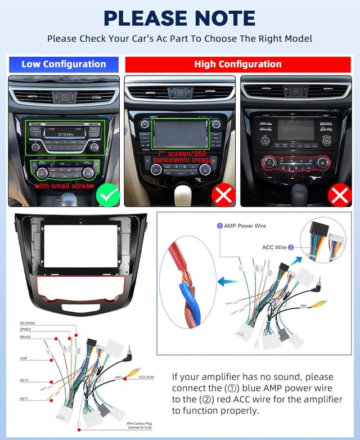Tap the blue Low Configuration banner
click(64, 64)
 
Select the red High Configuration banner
click(238, 64)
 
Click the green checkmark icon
click(107, 195)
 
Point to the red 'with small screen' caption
click(64, 186)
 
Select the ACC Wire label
click(274, 247)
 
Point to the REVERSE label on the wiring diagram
click(28, 323)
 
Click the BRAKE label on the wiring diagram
click(25, 336)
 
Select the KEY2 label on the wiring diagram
click(24, 379)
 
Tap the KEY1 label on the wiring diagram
click(24, 399)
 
